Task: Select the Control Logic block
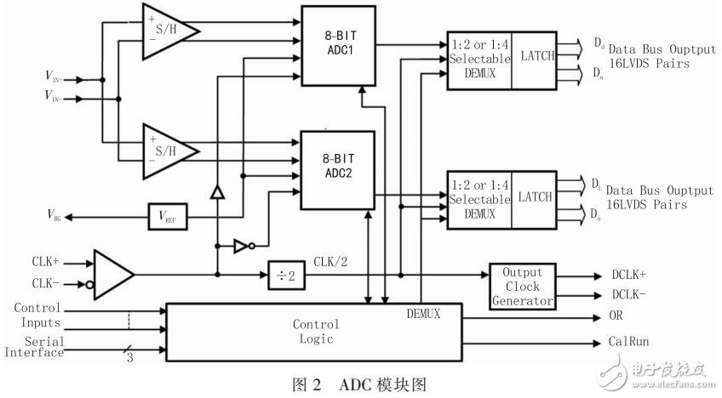(x=315, y=331)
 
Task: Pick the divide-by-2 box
(x=287, y=274)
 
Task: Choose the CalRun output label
(x=630, y=342)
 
